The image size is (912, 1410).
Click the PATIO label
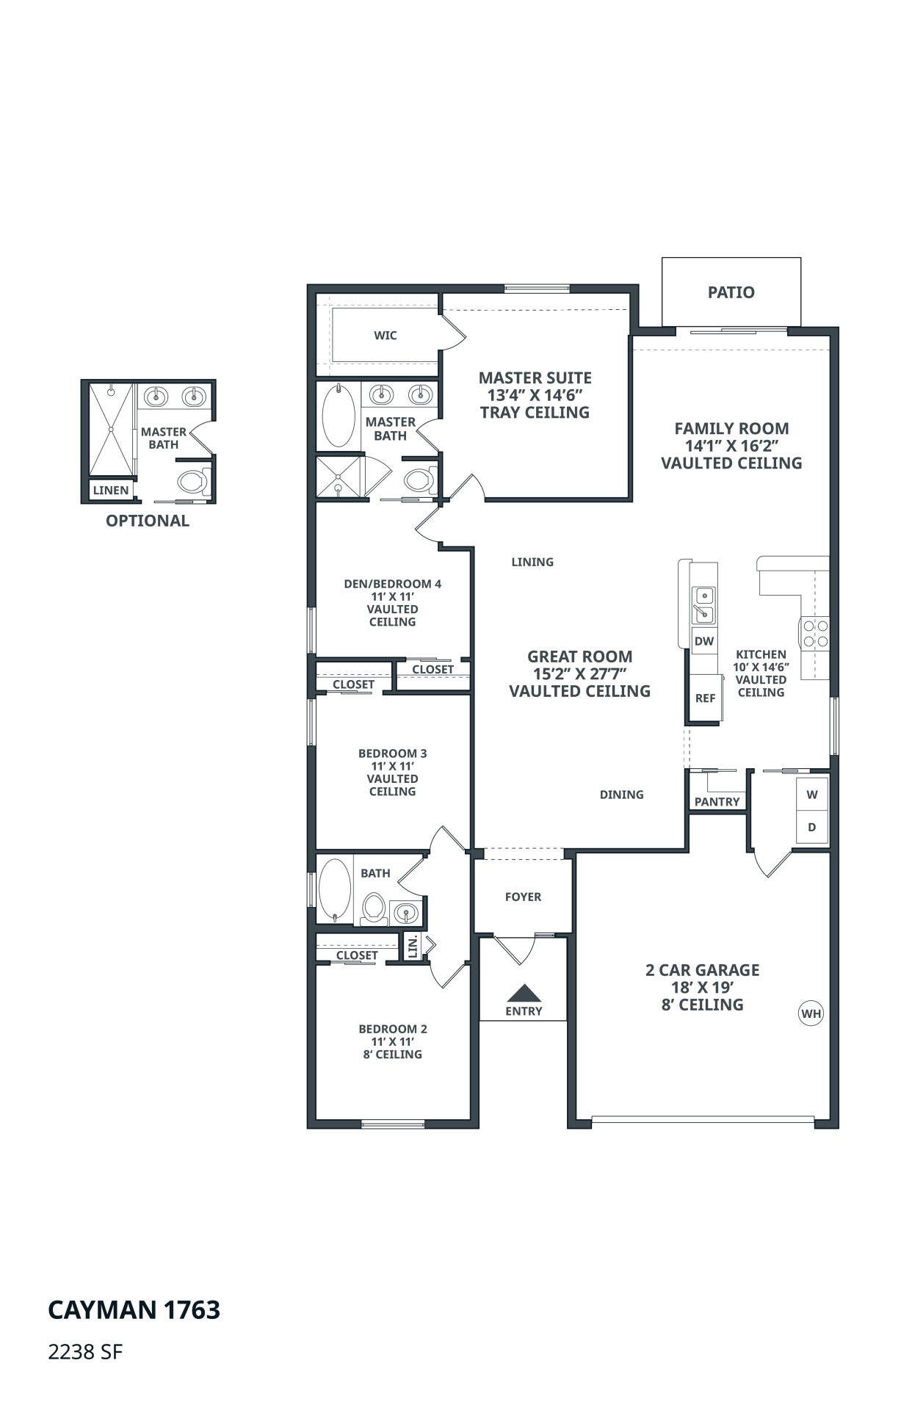[731, 292]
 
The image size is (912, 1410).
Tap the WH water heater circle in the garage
[811, 1014]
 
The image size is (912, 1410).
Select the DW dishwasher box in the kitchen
[704, 640]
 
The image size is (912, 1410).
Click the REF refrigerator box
[705, 698]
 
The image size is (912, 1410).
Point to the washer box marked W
[812, 795]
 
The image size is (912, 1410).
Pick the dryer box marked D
[812, 827]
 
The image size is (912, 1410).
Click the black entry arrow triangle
[524, 993]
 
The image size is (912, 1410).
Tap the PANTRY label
[717, 801]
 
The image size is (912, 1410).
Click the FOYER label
[523, 897]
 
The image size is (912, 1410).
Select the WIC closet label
[386, 336]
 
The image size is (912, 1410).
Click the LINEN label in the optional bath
[111, 490]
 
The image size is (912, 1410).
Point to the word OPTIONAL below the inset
[148, 521]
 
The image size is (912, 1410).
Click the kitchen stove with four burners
[814, 634]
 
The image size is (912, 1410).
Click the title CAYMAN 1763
[134, 1310]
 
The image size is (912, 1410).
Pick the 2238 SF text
[85, 1352]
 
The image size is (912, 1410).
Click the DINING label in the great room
[621, 795]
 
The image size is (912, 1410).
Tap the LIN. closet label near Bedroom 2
[413, 946]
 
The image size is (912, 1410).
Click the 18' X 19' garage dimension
[703, 988]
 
